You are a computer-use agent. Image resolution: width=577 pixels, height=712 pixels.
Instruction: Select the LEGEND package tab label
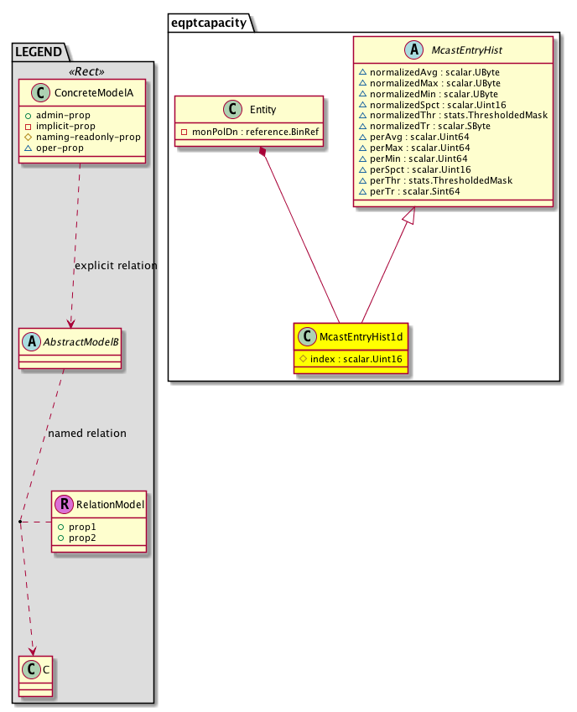(39, 52)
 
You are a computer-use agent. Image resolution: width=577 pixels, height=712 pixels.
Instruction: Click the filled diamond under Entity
(263, 152)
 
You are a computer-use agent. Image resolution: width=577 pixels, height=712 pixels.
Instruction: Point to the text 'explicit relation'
(116, 266)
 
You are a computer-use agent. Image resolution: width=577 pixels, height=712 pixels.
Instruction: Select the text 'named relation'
(87, 434)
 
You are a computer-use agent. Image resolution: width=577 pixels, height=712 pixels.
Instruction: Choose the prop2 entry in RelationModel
(83, 537)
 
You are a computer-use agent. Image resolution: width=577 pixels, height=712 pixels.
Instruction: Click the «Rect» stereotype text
(82, 69)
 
